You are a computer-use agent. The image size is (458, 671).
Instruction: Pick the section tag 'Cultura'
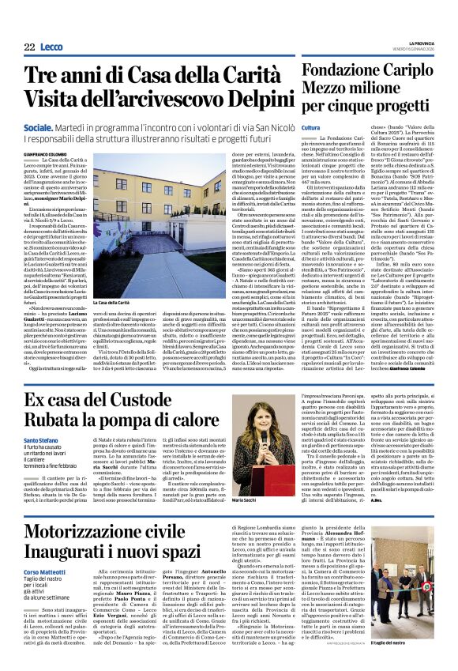(x=310, y=127)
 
